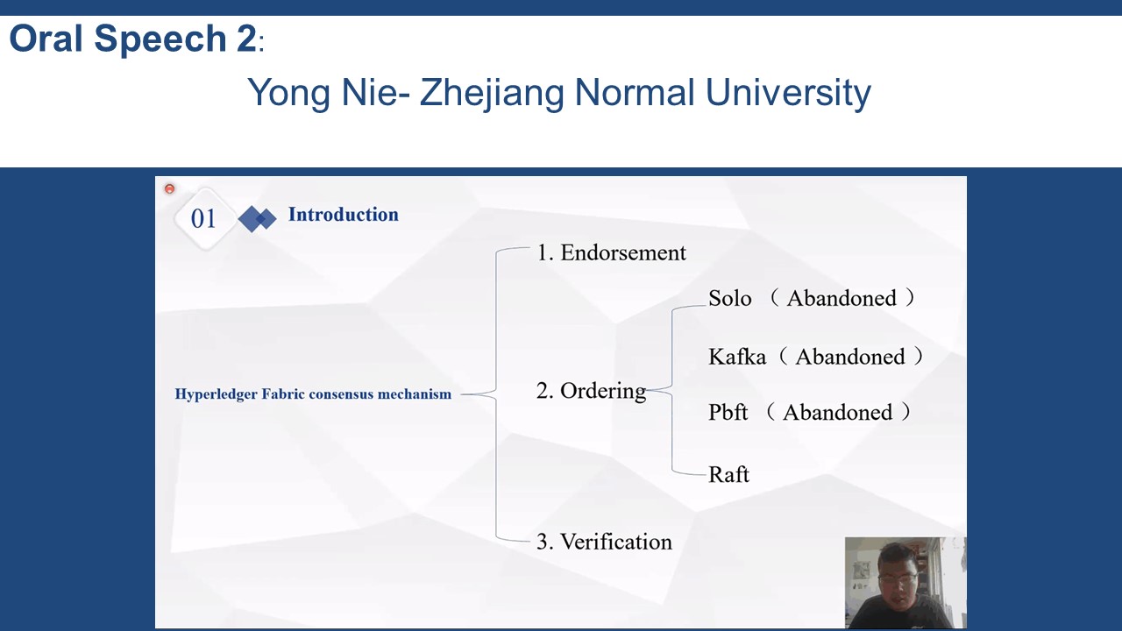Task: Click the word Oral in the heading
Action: click(46, 38)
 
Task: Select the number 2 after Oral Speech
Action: click(246, 38)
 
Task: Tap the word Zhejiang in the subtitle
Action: click(492, 93)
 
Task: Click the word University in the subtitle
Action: click(788, 93)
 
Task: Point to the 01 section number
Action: click(203, 219)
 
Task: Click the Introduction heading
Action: click(343, 215)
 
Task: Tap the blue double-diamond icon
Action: click(257, 219)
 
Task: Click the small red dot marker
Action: click(169, 188)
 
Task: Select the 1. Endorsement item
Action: click(611, 252)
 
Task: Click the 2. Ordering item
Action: click(591, 391)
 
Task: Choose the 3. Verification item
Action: click(604, 542)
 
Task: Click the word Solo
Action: click(730, 299)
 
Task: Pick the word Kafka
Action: click(737, 357)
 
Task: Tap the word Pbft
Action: click(728, 412)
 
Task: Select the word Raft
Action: click(728, 474)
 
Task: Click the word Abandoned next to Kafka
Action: click(850, 357)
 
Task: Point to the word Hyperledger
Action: click(216, 394)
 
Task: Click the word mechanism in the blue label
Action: click(415, 394)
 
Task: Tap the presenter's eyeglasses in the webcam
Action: click(898, 578)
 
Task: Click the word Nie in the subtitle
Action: click(371, 93)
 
